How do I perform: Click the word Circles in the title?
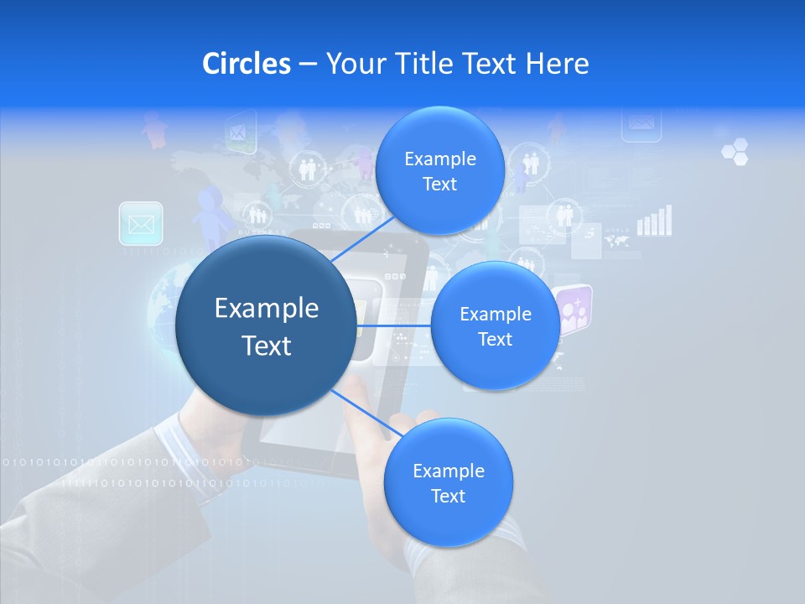coord(246,63)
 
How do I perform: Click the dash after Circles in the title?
coord(308,64)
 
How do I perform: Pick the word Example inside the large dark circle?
coord(267,309)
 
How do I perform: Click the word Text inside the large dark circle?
coord(267,346)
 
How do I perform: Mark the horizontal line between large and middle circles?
coord(393,325)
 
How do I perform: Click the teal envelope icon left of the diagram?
coord(141,224)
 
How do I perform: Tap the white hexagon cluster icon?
coord(735,152)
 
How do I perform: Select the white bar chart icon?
coord(655,221)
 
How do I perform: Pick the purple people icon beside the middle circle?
coord(574,310)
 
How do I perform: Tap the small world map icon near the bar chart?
coord(616,241)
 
